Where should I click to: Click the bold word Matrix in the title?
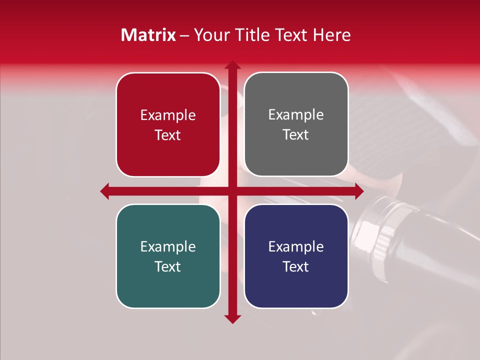148,35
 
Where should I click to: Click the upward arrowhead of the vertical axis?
232,65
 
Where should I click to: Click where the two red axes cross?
232,191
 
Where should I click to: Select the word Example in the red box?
168,115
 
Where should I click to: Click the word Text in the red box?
168,135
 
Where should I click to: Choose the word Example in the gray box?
296,115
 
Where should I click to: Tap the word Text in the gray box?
296,135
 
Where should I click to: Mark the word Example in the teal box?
168,247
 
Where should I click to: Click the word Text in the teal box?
168,267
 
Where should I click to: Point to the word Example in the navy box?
296,247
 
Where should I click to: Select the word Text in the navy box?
296,267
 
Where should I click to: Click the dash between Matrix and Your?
184,35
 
